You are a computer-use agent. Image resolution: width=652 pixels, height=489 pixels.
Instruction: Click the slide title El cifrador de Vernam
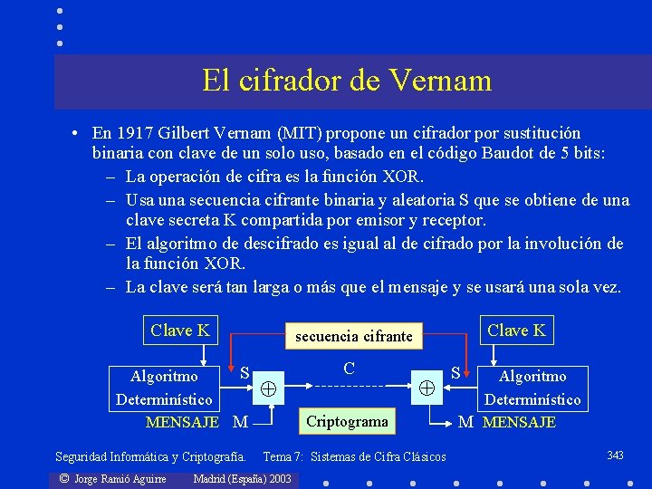tap(347, 81)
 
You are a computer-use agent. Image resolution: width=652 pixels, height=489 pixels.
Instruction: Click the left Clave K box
tap(180, 331)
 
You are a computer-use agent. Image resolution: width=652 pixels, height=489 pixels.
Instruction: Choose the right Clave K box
tap(516, 331)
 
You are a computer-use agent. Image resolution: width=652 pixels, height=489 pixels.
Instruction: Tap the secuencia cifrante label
tap(353, 337)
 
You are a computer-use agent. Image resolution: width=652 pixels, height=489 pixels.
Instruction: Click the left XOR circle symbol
tap(269, 388)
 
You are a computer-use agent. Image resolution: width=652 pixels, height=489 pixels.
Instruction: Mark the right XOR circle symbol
tap(427, 388)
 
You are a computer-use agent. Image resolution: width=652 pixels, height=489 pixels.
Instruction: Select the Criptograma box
tap(348, 421)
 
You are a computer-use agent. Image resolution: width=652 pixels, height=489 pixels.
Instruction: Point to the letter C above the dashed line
tap(349, 369)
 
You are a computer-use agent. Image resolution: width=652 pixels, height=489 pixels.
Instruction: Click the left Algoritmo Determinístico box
tap(164, 388)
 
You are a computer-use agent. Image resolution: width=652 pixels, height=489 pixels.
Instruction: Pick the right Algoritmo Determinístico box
tap(532, 388)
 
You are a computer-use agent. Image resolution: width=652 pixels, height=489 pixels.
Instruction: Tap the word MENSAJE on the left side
tap(182, 422)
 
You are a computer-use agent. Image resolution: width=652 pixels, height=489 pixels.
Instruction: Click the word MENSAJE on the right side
tap(519, 422)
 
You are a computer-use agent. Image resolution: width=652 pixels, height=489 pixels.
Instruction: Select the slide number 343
tap(615, 455)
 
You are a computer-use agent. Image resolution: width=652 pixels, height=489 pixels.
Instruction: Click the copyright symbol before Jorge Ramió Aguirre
tap(63, 478)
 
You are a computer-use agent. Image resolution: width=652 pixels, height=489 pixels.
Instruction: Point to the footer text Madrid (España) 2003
tap(243, 478)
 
